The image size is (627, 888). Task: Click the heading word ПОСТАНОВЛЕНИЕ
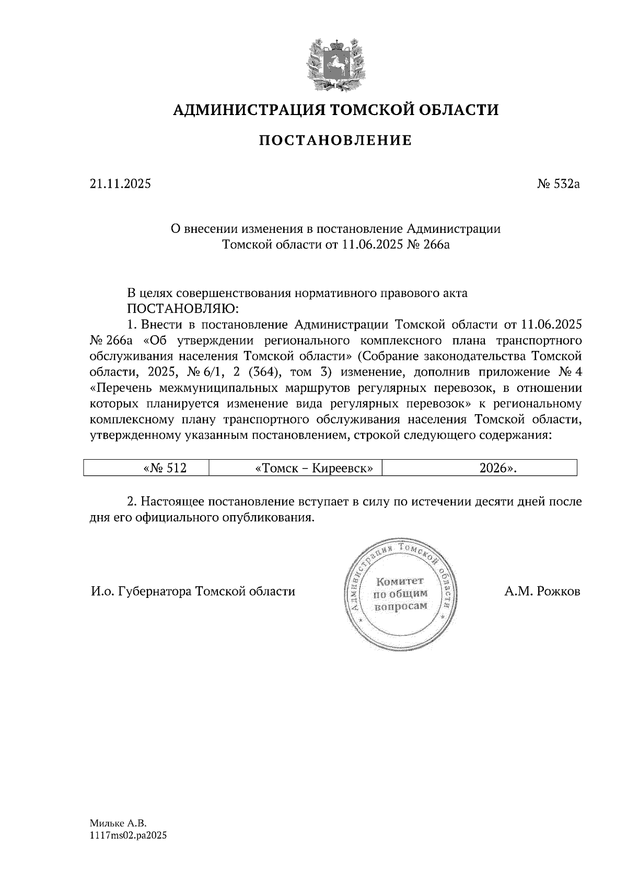point(336,140)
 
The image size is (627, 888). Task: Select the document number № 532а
point(559,184)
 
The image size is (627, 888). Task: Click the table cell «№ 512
point(165,468)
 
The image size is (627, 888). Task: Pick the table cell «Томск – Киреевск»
point(314,468)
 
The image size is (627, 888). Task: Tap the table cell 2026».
point(498,468)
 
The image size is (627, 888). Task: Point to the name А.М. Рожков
point(542,591)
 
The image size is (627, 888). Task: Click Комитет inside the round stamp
point(401,581)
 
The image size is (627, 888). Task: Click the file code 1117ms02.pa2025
point(128,836)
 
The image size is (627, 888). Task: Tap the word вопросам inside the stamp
point(401,606)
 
